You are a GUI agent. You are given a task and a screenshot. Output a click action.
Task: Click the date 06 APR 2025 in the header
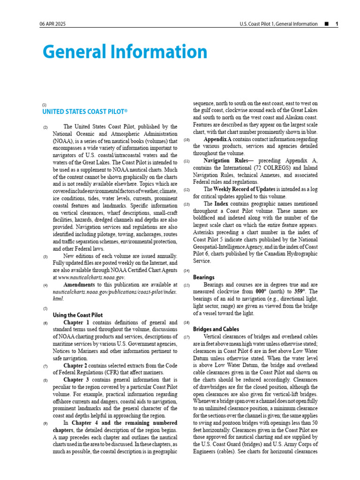(52, 24)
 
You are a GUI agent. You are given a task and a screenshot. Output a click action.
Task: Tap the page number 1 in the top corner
(336, 24)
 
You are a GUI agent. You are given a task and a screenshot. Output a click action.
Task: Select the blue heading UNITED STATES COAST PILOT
(85, 112)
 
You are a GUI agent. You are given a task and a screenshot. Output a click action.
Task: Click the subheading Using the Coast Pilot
(77, 315)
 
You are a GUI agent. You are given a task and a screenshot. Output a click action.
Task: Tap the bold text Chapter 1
(76, 322)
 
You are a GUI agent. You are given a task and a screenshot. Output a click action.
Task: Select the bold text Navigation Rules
(226, 161)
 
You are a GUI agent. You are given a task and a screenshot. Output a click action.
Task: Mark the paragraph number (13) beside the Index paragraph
(187, 204)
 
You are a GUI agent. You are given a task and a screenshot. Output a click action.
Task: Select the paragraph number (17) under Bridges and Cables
(187, 337)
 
